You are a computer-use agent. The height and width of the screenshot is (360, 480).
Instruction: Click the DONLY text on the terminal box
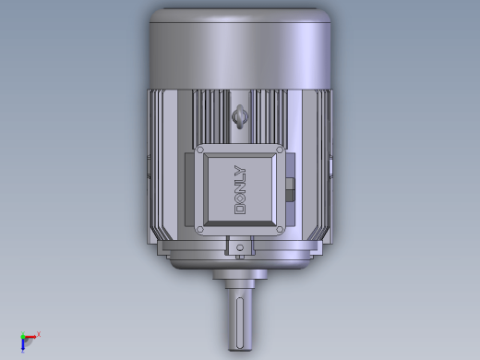(x=240, y=189)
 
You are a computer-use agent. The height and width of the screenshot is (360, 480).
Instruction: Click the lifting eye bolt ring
(x=240, y=117)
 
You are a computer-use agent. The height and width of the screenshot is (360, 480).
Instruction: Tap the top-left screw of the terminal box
(x=200, y=150)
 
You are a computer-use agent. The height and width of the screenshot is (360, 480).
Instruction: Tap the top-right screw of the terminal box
(x=280, y=150)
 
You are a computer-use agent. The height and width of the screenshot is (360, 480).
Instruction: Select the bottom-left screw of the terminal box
(x=200, y=229)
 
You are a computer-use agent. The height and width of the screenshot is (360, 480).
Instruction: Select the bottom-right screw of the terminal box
(x=280, y=229)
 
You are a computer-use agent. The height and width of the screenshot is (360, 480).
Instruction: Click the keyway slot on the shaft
(x=240, y=323)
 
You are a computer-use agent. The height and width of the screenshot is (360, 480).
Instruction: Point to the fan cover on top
(x=240, y=49)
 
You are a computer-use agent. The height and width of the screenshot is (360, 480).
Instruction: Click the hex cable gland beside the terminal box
(x=290, y=189)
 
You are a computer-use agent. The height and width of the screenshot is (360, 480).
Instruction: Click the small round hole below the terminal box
(x=240, y=247)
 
